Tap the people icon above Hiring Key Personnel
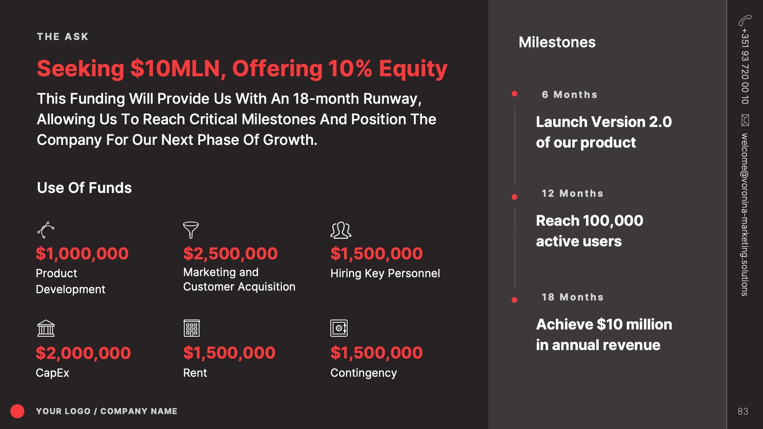[341, 230]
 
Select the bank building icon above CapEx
[46, 328]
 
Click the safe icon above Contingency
[339, 328]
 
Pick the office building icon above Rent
[192, 328]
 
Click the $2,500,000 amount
[230, 254]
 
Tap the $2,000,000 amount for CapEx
[83, 353]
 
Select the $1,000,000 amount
[82, 254]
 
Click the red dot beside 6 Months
[514, 94]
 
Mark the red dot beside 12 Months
[514, 197]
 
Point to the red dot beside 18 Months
[514, 300]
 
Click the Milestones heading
[557, 42]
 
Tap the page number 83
[743, 411]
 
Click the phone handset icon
[745, 20]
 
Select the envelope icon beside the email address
[745, 120]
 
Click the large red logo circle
[17, 411]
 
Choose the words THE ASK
[63, 37]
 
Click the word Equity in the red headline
[413, 69]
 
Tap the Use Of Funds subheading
[84, 188]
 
